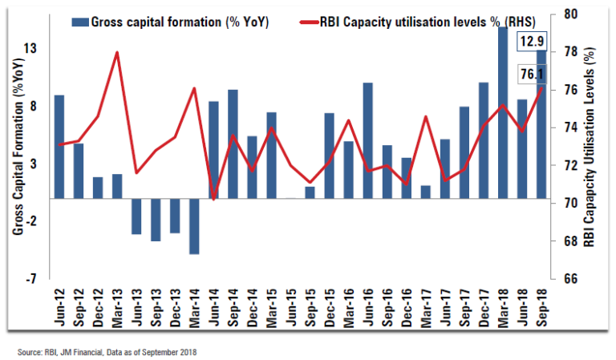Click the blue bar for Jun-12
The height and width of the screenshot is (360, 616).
pos(59,146)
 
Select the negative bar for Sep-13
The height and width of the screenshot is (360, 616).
pos(156,219)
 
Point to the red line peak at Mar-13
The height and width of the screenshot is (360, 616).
pos(117,53)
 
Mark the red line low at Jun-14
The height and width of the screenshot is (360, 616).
pos(213,198)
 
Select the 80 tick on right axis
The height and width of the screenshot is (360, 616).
pos(569,14)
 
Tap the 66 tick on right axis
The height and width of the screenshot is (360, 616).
pos(569,279)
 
